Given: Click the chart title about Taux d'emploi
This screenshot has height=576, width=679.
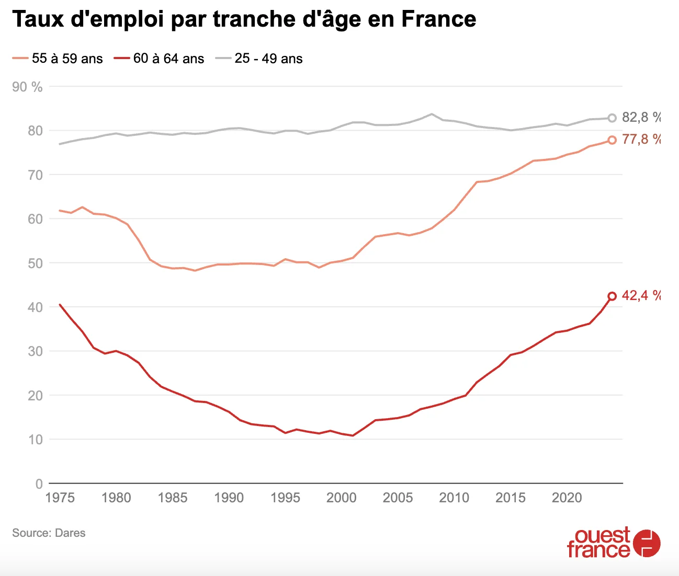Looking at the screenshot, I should tap(244, 19).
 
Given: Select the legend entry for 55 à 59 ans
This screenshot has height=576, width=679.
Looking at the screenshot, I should tap(58, 59).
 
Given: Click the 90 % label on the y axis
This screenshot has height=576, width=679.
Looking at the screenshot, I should tap(27, 87).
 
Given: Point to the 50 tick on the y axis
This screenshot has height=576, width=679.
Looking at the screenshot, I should tap(35, 263).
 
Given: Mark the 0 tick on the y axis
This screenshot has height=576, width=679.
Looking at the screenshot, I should tap(39, 484).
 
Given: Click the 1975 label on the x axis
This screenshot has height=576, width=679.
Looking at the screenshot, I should tap(60, 498).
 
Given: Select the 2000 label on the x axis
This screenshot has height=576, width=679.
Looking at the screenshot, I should tap(341, 498).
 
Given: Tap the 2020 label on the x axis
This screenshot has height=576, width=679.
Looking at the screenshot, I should tap(567, 498).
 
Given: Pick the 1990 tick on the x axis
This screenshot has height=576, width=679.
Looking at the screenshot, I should tap(229, 498).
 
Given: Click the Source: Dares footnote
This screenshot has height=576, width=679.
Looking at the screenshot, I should tap(49, 533).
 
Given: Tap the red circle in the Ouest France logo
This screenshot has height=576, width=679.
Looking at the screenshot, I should tap(647, 544).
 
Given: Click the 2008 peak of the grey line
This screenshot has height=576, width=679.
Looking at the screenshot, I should tap(432, 114).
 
